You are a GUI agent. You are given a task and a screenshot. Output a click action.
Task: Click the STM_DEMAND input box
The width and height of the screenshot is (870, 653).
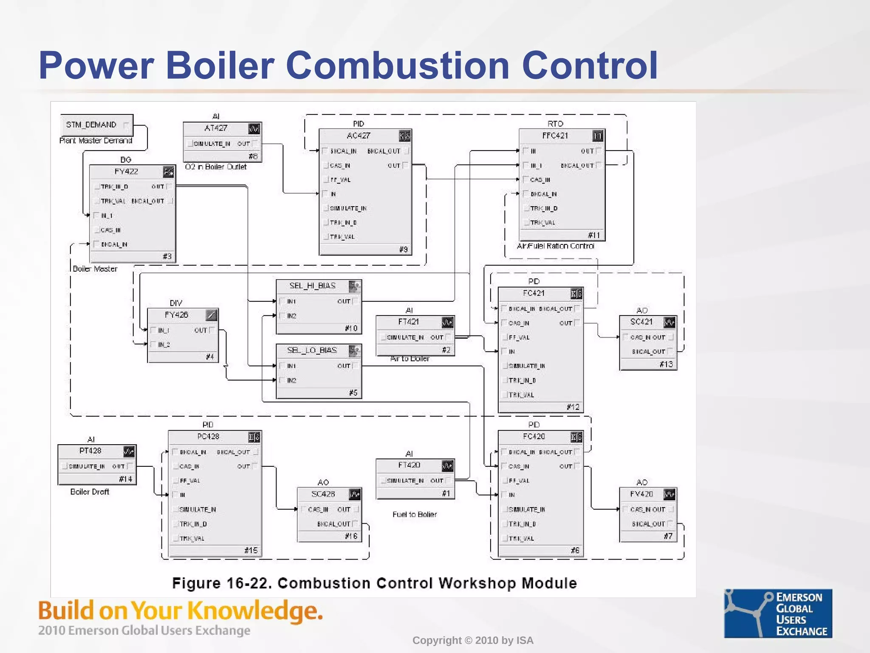96,125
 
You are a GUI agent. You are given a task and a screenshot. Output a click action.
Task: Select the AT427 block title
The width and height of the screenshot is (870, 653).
216,128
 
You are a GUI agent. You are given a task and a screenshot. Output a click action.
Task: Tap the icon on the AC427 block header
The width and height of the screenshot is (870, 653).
404,136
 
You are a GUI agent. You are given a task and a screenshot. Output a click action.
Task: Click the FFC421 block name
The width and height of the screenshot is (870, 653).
555,136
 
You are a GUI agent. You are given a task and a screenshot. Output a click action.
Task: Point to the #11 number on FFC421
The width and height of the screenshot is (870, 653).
594,235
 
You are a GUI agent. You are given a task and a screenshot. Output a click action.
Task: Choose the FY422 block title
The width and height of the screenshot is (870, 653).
126,171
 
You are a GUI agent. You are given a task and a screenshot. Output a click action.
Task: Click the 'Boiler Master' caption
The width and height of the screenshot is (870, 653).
95,269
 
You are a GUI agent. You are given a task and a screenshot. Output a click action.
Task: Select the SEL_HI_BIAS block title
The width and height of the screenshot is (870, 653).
312,286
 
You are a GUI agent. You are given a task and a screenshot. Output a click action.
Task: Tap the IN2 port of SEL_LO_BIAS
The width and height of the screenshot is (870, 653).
291,380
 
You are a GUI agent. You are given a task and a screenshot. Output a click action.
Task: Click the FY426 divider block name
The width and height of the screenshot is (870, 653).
176,315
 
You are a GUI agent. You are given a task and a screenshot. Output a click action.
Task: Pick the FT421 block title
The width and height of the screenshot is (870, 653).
408,322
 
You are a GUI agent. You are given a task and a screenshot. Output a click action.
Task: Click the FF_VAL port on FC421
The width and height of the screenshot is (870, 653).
519,338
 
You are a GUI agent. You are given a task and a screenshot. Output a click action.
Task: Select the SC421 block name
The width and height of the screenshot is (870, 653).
641,322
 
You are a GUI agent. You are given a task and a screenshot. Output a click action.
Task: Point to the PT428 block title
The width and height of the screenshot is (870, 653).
90,451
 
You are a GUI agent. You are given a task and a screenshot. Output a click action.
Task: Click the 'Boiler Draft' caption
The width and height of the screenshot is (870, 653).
90,492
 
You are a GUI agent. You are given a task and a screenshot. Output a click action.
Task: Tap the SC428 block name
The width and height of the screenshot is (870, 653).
323,494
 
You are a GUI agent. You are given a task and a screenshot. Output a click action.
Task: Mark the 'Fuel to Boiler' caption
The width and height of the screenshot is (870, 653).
415,514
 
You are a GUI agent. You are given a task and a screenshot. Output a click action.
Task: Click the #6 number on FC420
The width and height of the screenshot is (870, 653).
575,551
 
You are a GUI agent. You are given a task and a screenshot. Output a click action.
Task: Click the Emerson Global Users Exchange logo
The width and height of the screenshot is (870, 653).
778,613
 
